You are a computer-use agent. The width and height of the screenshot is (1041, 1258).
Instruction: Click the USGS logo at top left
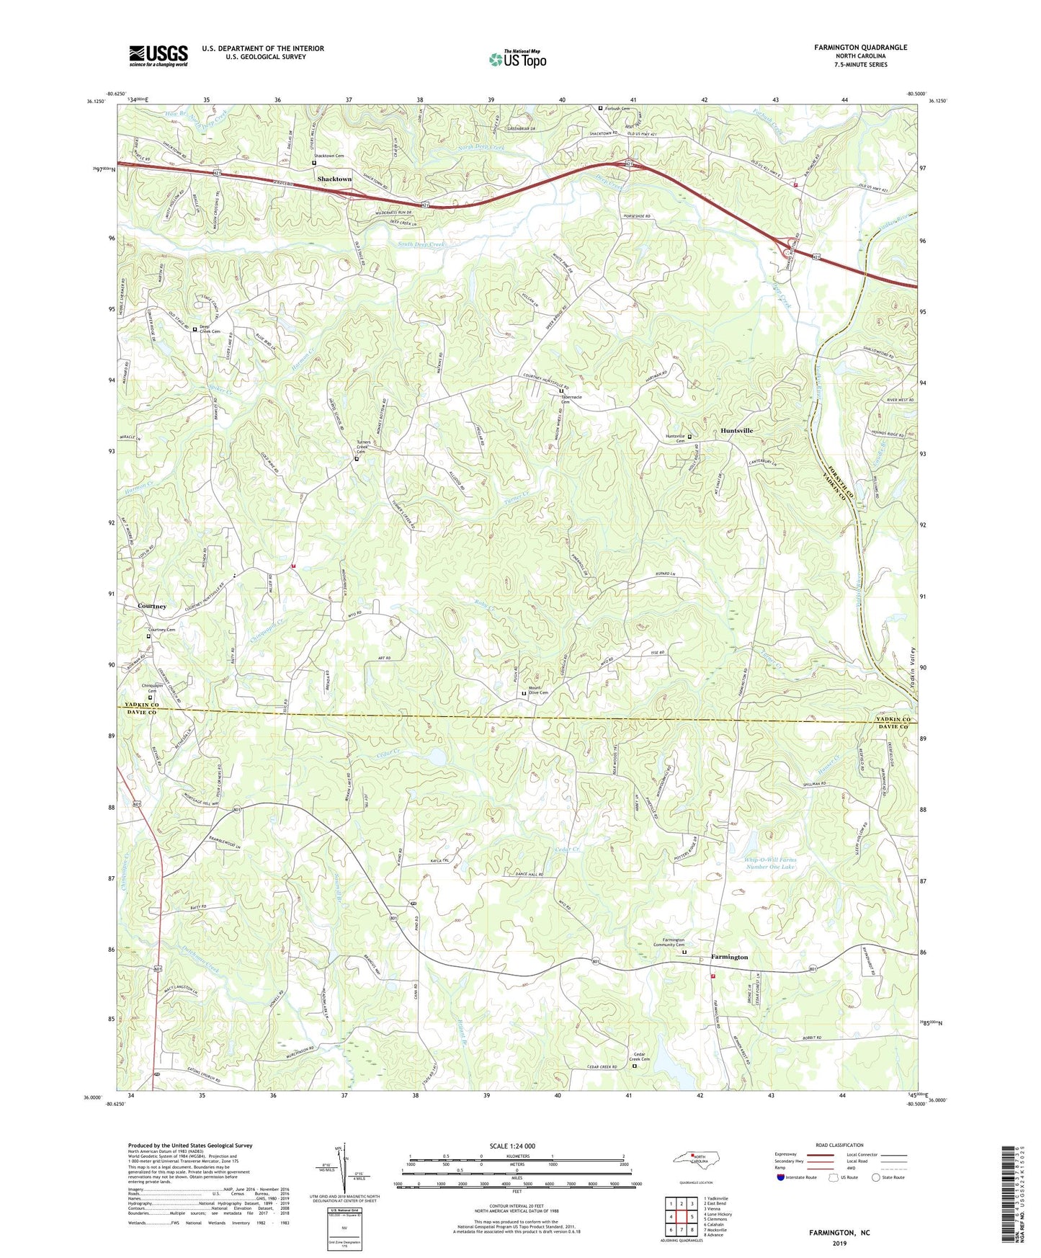(x=158, y=55)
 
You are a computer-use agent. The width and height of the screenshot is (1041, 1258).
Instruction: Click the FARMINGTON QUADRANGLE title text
(x=860, y=48)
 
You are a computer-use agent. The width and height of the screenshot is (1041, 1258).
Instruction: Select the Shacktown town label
(x=334, y=179)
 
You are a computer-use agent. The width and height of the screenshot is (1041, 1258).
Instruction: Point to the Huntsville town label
(x=736, y=430)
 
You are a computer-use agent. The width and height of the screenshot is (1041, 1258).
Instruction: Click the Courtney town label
(x=152, y=606)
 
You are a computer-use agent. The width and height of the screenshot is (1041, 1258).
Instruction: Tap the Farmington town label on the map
(x=729, y=957)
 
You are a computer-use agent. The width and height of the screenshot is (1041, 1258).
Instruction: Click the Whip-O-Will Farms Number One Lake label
(x=770, y=863)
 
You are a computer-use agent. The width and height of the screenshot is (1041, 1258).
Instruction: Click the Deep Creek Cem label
(x=210, y=329)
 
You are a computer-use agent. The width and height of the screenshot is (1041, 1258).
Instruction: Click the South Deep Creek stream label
(x=422, y=245)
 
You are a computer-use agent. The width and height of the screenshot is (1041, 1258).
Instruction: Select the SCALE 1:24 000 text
(x=512, y=1146)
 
